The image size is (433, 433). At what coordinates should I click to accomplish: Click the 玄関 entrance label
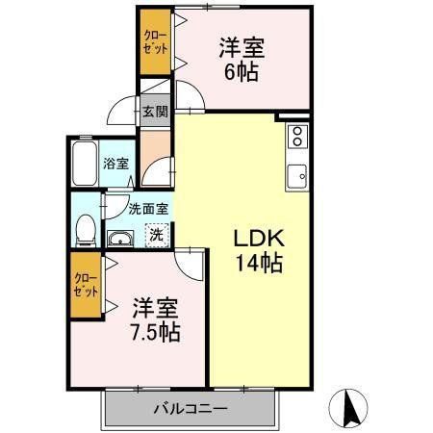tap(154, 111)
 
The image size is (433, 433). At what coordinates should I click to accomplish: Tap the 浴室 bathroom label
tap(116, 165)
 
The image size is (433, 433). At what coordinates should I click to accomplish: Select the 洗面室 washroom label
tap(149, 208)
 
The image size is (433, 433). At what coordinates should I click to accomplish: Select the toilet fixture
tap(86, 228)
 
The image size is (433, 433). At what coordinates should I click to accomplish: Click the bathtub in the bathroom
tap(85, 166)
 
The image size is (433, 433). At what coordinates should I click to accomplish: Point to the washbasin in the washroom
tap(121, 240)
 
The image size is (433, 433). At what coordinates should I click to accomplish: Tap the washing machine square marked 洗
tap(154, 234)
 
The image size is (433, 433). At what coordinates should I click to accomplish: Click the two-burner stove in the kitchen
tap(296, 136)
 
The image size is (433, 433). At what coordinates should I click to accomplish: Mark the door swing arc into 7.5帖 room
tap(189, 262)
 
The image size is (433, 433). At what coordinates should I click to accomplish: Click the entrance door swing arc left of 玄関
tap(123, 109)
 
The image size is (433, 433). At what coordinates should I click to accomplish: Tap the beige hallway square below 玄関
tap(154, 154)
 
